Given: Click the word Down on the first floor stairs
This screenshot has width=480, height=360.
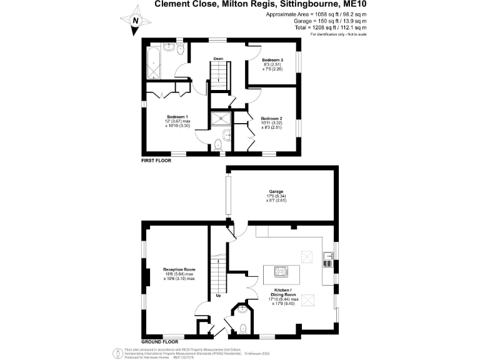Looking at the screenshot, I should click(x=218, y=59).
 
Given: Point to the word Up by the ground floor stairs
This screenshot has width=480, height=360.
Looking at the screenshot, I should click(x=218, y=295).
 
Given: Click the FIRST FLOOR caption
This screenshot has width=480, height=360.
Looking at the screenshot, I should click(x=156, y=161).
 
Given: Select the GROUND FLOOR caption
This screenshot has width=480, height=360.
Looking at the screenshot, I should click(x=160, y=342).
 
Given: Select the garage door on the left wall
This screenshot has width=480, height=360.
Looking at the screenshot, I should click(x=229, y=196).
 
